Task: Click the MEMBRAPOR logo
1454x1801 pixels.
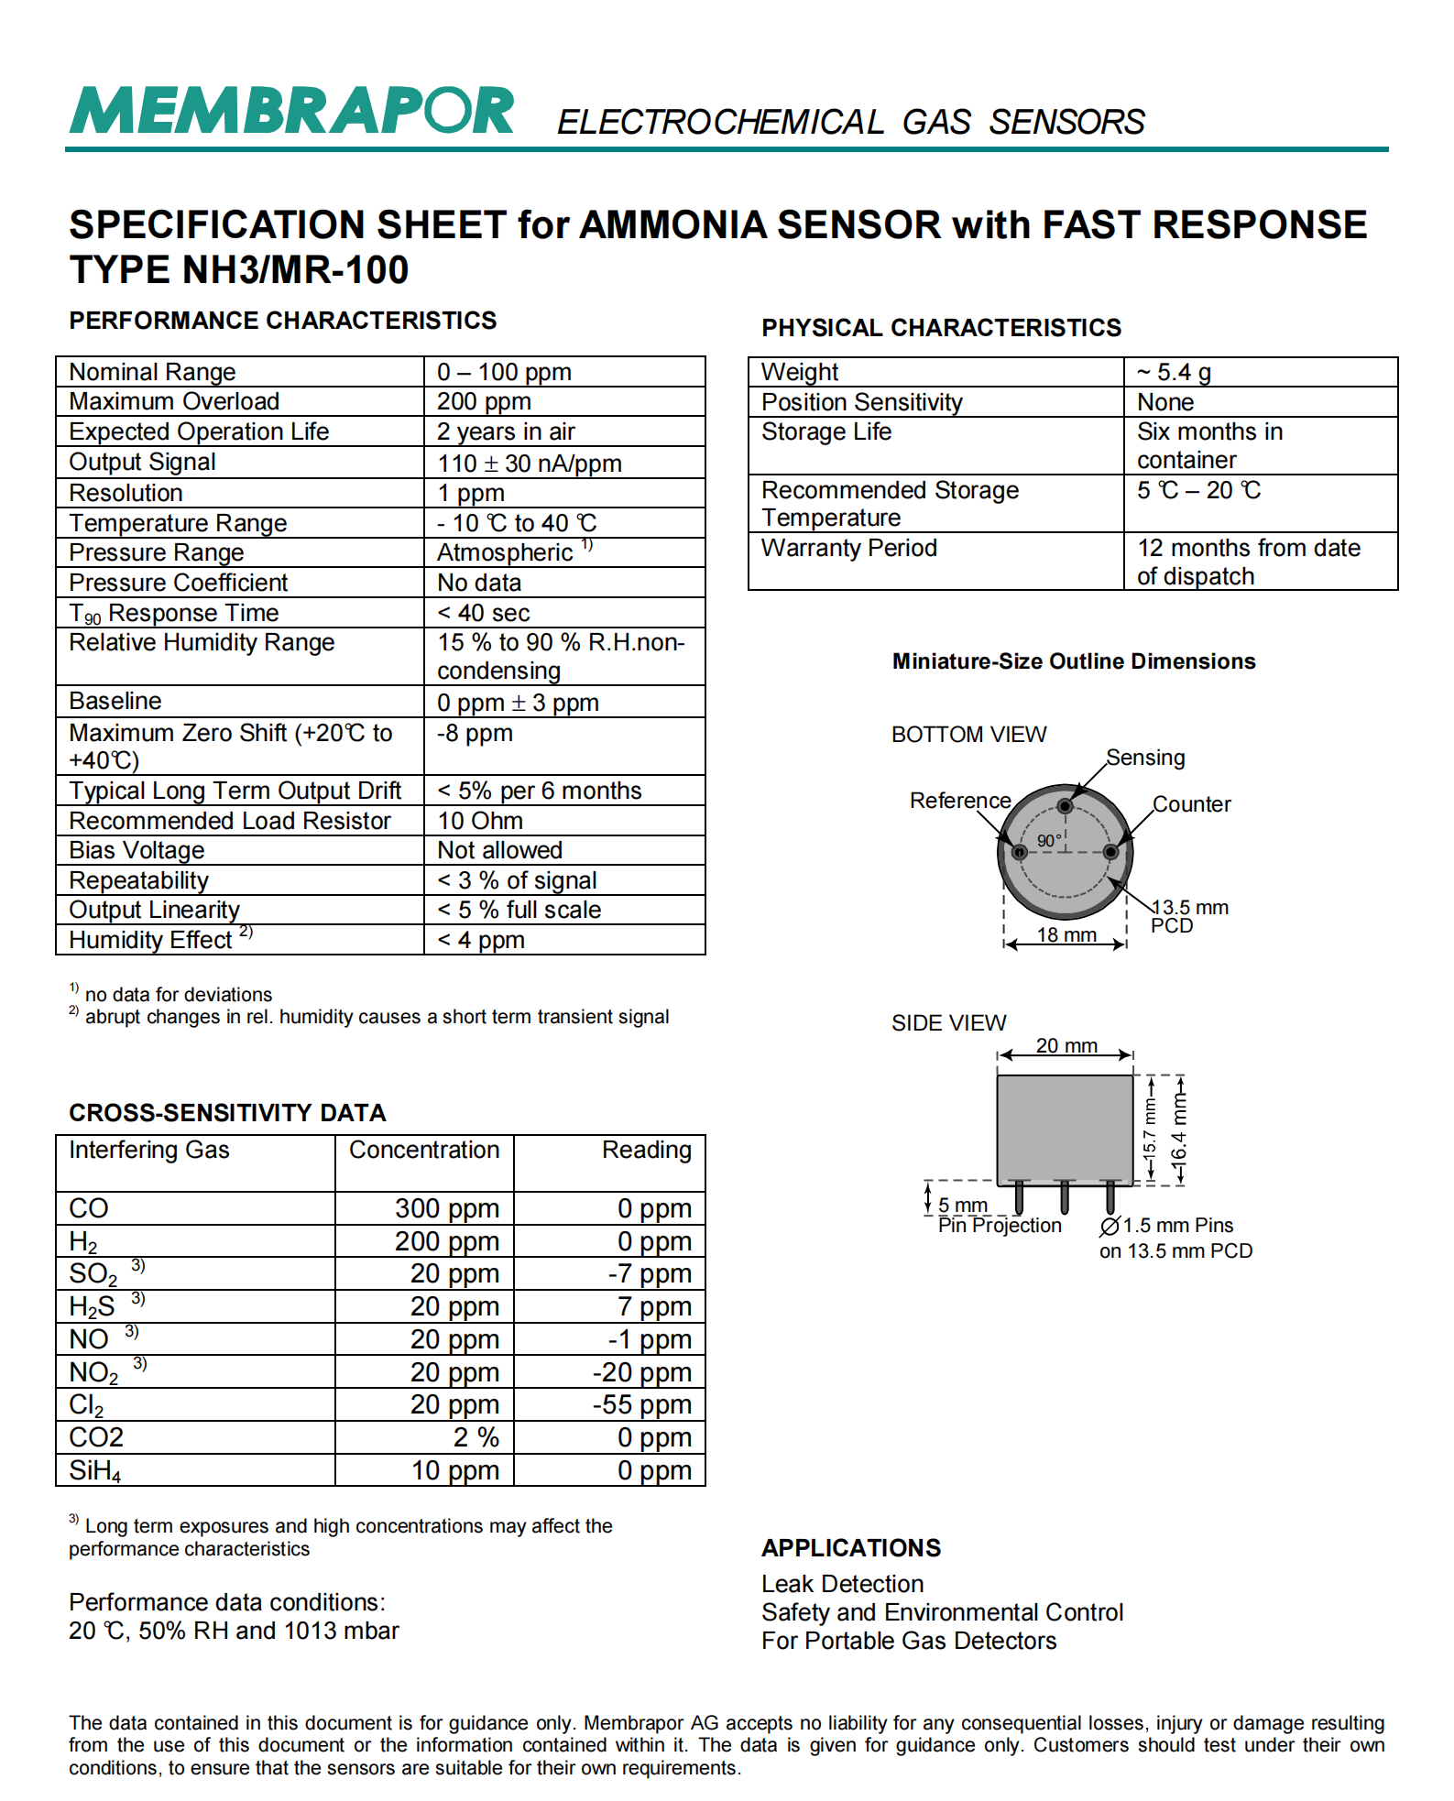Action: pos(291,112)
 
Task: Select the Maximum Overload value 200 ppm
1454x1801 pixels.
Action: pos(484,401)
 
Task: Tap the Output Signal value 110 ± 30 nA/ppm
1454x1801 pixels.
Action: pos(529,463)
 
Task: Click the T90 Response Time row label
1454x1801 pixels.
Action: pos(174,613)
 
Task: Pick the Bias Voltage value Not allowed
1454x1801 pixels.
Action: pos(499,850)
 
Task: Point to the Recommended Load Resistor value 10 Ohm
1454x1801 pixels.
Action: pos(480,821)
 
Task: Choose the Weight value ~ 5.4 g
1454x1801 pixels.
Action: pos(1174,372)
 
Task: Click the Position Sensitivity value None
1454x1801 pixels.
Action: pos(1165,402)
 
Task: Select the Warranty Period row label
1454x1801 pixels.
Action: pos(849,548)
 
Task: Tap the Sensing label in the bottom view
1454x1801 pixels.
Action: pos(1145,758)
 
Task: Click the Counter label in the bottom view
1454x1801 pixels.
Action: pos(1191,804)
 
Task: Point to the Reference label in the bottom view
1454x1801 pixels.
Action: pos(959,801)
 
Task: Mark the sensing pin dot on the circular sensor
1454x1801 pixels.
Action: pos(1065,806)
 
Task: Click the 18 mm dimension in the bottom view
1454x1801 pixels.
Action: pos(1066,934)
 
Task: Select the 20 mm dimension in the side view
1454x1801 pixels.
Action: pos(1066,1045)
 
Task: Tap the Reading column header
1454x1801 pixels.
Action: pos(646,1150)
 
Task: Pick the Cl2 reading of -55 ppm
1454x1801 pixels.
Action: pos(641,1404)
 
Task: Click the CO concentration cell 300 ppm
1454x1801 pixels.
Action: pos(447,1208)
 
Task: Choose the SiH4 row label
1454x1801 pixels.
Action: pos(94,1470)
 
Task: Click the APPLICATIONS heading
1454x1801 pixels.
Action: pos(851,1547)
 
